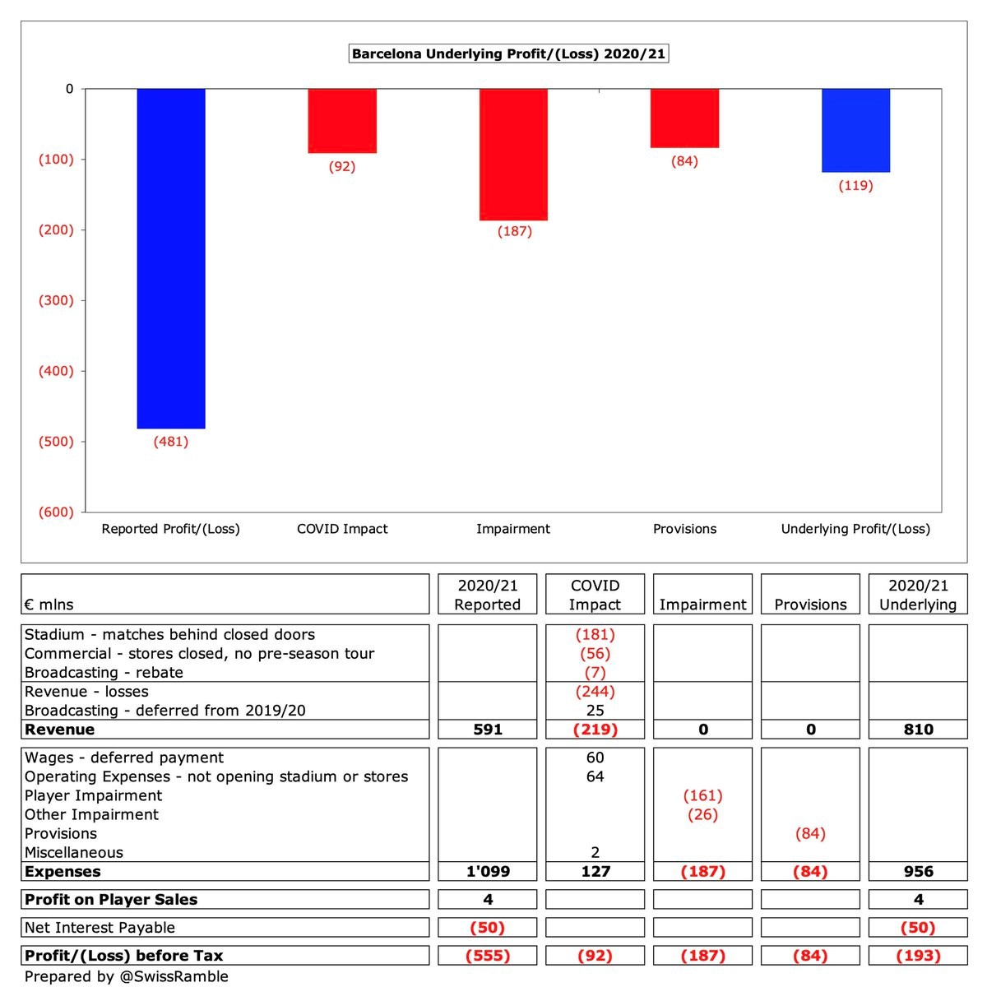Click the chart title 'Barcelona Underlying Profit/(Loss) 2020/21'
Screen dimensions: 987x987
point(507,54)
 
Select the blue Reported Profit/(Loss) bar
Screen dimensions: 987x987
point(171,258)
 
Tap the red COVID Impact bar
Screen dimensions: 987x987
point(342,121)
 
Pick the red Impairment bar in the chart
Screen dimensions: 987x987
point(513,155)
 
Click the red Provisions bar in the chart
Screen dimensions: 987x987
point(684,118)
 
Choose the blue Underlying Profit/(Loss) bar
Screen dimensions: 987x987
point(855,131)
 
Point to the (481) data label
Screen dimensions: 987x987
point(171,442)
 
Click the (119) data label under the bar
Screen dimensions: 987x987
point(855,186)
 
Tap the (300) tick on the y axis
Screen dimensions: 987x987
point(56,300)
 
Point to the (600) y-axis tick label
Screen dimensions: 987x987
point(56,512)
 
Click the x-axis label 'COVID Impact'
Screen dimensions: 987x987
point(342,529)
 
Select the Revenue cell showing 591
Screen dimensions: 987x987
point(488,730)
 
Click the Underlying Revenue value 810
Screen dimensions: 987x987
point(918,730)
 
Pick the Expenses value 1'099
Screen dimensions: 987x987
point(488,872)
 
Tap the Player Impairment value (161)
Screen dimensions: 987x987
point(702,795)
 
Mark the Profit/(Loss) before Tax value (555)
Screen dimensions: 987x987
point(488,956)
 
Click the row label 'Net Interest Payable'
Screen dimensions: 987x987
point(100,928)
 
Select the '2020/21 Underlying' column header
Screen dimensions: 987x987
point(918,595)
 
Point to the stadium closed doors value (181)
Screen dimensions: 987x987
point(595,634)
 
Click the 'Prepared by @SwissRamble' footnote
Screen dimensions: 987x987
point(127,976)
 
